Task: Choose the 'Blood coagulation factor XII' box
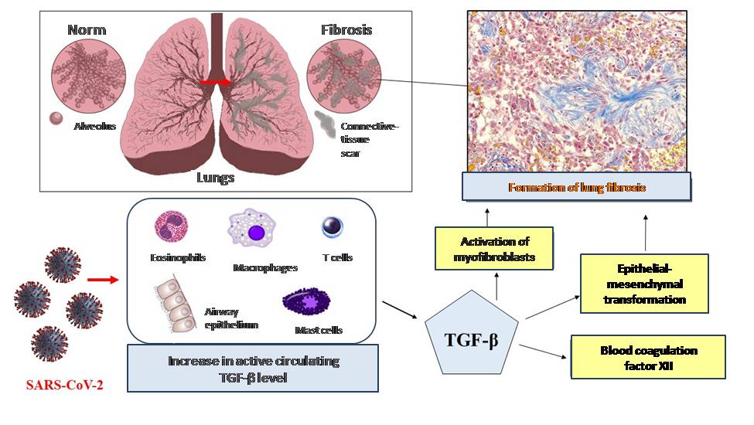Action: point(648,356)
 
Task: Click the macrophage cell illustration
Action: point(254,230)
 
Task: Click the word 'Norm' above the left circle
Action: point(87,31)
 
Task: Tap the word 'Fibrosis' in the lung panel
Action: point(346,31)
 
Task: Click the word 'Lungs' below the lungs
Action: point(215,177)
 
